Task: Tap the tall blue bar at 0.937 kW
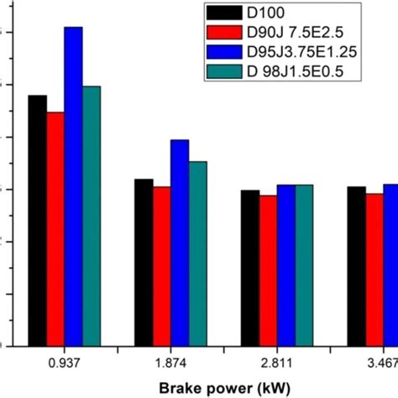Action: tap(73, 186)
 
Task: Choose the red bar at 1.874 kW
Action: tap(161, 265)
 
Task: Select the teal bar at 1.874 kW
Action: tap(197, 253)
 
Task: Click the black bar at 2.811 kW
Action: tap(249, 267)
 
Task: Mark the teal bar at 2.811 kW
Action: tap(303, 264)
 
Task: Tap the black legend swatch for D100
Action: tap(225, 14)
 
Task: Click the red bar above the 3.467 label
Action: tap(374, 270)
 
